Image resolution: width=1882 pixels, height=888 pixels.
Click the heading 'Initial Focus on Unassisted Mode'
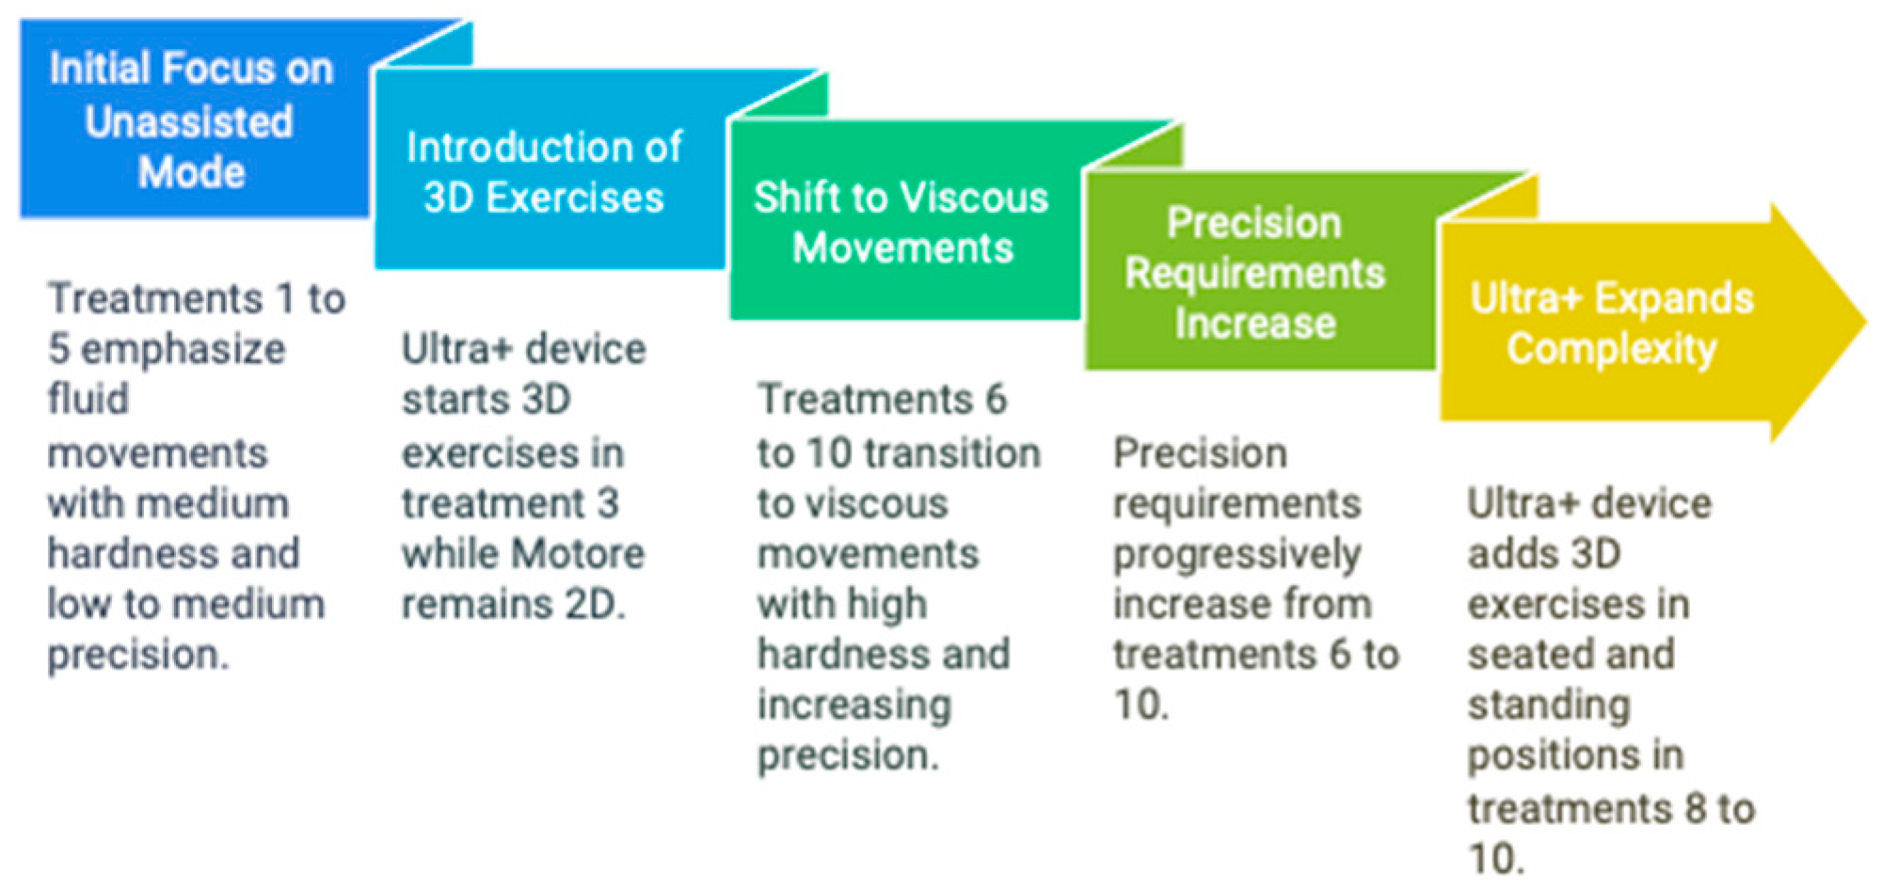coord(191,120)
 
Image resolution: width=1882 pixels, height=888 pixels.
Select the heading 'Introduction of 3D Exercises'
coord(544,172)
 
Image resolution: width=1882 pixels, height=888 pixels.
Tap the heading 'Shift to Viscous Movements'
coord(901,223)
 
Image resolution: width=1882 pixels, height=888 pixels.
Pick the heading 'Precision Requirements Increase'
coord(1254,273)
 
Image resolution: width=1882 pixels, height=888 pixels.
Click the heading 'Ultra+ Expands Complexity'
coord(1612,323)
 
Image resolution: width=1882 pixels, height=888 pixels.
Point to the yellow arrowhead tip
coord(1867,322)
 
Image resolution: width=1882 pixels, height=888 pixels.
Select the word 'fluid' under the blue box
coord(88,398)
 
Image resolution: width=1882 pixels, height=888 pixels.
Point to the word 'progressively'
coord(1237,555)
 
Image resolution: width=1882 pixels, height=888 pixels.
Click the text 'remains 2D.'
coord(514,604)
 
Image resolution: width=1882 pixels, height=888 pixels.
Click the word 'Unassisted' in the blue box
coord(189,121)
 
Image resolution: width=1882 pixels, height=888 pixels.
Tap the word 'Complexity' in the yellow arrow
coord(1612,349)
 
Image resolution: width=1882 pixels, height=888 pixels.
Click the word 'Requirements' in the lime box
coord(1254,274)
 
